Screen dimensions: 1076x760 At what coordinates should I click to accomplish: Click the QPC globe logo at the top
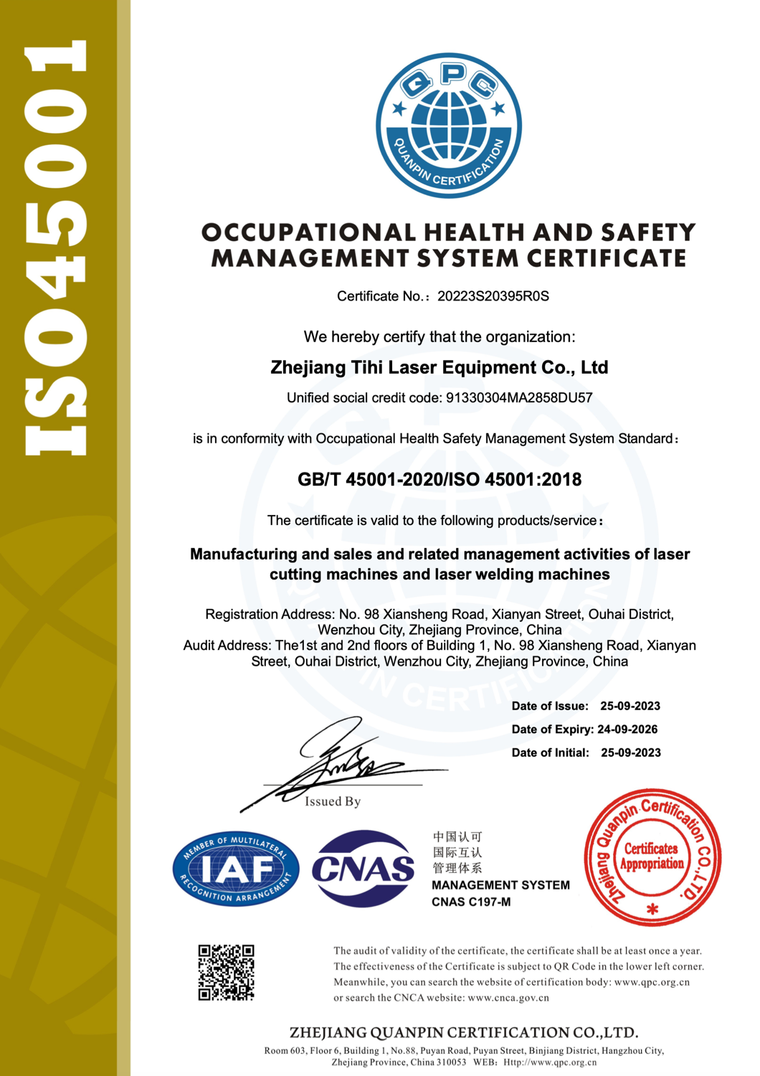(449, 126)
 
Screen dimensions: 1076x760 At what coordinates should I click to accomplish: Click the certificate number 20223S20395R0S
(493, 296)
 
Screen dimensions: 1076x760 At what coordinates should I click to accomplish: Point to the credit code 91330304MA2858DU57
(519, 397)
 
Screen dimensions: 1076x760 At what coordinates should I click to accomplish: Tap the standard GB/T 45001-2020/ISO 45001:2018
(440, 479)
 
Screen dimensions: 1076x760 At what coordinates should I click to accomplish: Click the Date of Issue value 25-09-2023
(630, 706)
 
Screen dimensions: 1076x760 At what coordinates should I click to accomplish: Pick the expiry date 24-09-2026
(627, 729)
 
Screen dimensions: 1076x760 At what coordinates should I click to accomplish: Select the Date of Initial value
(631, 752)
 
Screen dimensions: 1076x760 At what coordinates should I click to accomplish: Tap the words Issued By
(333, 801)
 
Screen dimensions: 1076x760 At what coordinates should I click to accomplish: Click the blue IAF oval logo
(236, 869)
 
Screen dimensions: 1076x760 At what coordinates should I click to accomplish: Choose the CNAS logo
(364, 869)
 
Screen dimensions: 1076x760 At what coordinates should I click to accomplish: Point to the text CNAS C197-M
(471, 902)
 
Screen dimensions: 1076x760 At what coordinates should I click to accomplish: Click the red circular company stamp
(652, 856)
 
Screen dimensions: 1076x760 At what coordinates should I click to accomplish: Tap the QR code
(227, 972)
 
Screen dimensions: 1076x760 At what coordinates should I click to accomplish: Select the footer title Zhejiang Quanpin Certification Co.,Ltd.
(464, 1032)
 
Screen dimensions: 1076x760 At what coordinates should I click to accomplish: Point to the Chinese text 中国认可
(457, 836)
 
